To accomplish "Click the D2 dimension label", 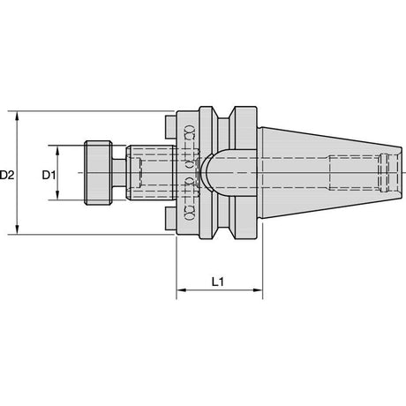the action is tap(7, 176).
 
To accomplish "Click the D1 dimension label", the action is tap(49, 176).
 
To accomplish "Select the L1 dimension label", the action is tap(218, 282).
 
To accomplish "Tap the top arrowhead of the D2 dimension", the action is tap(18, 117).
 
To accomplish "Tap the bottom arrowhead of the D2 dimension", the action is tap(18, 229).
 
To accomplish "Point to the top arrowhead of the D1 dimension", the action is tap(57, 151).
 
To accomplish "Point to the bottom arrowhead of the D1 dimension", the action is tap(57, 194).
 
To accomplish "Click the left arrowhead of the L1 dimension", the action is tap(182, 290).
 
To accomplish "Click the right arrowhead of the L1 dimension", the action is tap(258, 290).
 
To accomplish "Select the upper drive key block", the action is tap(170, 127).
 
